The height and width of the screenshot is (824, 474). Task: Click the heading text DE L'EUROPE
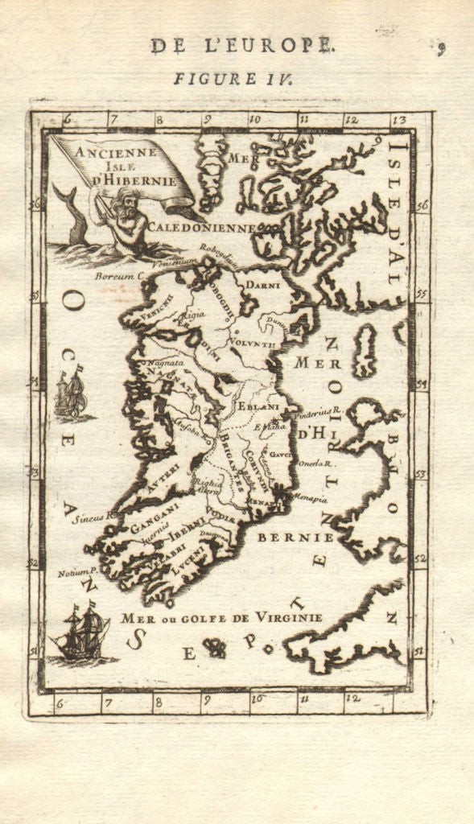tap(241, 46)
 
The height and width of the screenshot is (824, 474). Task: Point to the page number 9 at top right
tap(441, 49)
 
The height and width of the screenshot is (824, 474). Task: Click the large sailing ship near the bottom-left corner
tap(81, 631)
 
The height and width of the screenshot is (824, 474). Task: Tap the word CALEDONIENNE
tap(201, 228)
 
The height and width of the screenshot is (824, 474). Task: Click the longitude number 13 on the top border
tap(398, 120)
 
